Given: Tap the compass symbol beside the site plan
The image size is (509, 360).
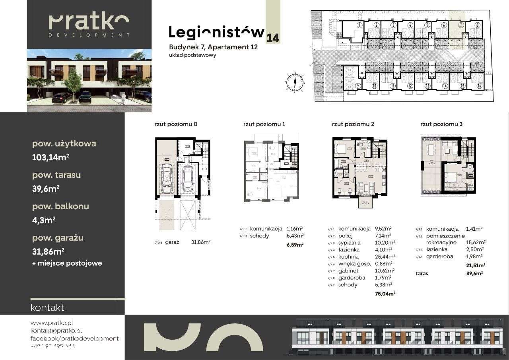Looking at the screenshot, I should click(295, 82).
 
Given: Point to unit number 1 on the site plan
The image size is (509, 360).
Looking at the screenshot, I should click(359, 25).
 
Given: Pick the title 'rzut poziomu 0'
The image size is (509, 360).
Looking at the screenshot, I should click(176, 124).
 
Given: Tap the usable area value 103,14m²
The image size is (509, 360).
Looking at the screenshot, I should click(51, 157).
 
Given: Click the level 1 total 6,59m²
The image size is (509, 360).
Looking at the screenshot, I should click(295, 245).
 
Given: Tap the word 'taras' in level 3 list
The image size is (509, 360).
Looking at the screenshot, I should click(422, 274).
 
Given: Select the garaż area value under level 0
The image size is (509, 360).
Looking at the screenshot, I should click(201, 241).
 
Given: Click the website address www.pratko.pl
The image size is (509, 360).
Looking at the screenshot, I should click(51, 323).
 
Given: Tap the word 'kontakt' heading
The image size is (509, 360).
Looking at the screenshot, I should click(47, 307).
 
